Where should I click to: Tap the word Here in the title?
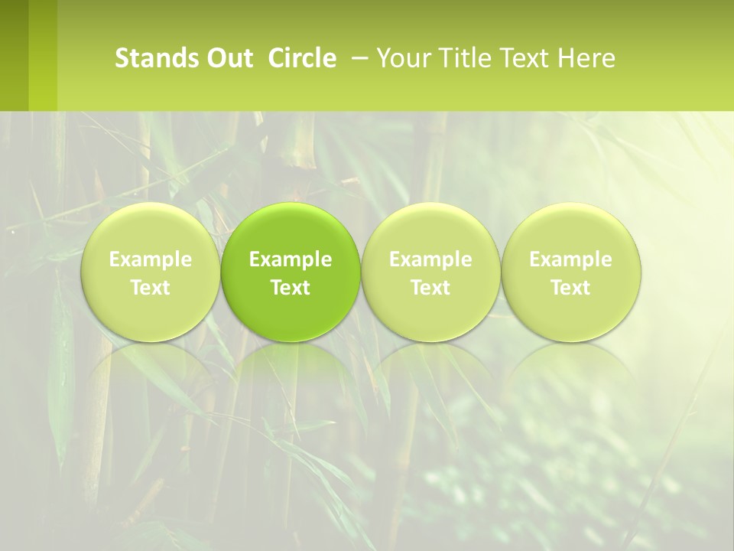coord(587,58)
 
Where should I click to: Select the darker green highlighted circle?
coord(291,272)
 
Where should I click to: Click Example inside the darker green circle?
coord(291,259)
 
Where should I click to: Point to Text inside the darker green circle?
coord(291,288)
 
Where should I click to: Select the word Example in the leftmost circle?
coord(151,259)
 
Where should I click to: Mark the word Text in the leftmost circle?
coord(151,288)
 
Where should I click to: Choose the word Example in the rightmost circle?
coord(571,259)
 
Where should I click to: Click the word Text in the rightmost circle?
coord(571,288)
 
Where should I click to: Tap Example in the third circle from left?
coord(430,259)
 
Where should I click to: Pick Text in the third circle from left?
coord(430,288)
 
